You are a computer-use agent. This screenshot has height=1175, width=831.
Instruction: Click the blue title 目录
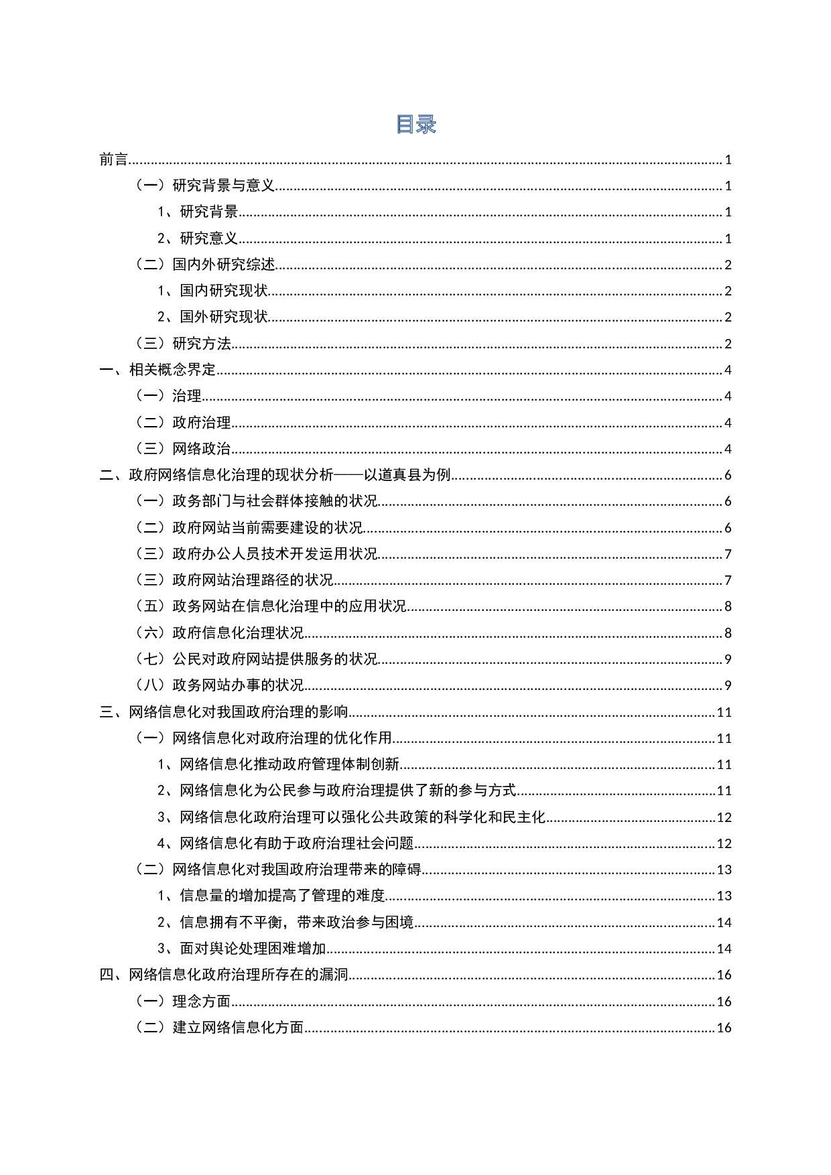(416, 125)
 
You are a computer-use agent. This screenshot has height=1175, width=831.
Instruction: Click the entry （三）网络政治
(180, 448)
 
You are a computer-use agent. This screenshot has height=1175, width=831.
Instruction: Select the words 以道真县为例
(407, 475)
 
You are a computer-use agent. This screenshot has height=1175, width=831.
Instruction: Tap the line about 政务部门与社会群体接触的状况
(253, 501)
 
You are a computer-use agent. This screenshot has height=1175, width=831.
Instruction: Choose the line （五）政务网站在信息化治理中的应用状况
(267, 606)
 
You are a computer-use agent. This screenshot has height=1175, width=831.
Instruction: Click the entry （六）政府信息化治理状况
(216, 632)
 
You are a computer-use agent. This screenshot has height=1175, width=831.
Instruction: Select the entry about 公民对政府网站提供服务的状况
(253, 659)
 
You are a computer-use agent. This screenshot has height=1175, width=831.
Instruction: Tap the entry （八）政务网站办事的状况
(216, 685)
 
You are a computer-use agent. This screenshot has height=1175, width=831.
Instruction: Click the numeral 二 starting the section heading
(106, 475)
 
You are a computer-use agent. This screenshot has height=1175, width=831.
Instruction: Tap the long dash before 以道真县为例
(348, 475)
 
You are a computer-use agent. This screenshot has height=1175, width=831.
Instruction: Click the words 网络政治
(202, 448)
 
